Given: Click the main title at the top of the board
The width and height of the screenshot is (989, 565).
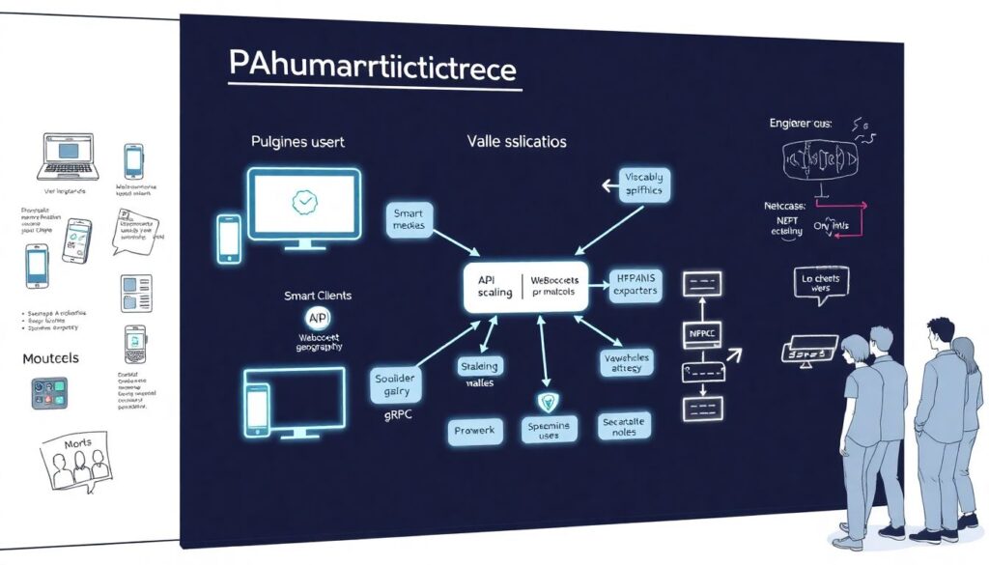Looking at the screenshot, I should click(x=373, y=70).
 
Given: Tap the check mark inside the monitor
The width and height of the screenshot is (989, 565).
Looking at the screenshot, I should click(x=304, y=202).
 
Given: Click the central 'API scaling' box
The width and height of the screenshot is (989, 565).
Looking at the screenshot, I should click(x=525, y=285).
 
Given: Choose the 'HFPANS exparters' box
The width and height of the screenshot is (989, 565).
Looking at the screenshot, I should click(x=635, y=284).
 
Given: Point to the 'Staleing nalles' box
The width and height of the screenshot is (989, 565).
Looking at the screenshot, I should click(x=479, y=374).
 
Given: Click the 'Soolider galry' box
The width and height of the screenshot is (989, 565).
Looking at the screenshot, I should click(x=397, y=385).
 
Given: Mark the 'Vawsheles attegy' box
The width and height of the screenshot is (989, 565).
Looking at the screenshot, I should click(x=628, y=362).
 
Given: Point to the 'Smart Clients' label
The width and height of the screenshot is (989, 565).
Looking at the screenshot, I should click(x=318, y=296).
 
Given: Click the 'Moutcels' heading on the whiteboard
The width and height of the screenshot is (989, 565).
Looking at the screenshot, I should click(x=50, y=358).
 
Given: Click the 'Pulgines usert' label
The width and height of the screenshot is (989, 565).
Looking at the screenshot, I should click(x=297, y=142).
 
